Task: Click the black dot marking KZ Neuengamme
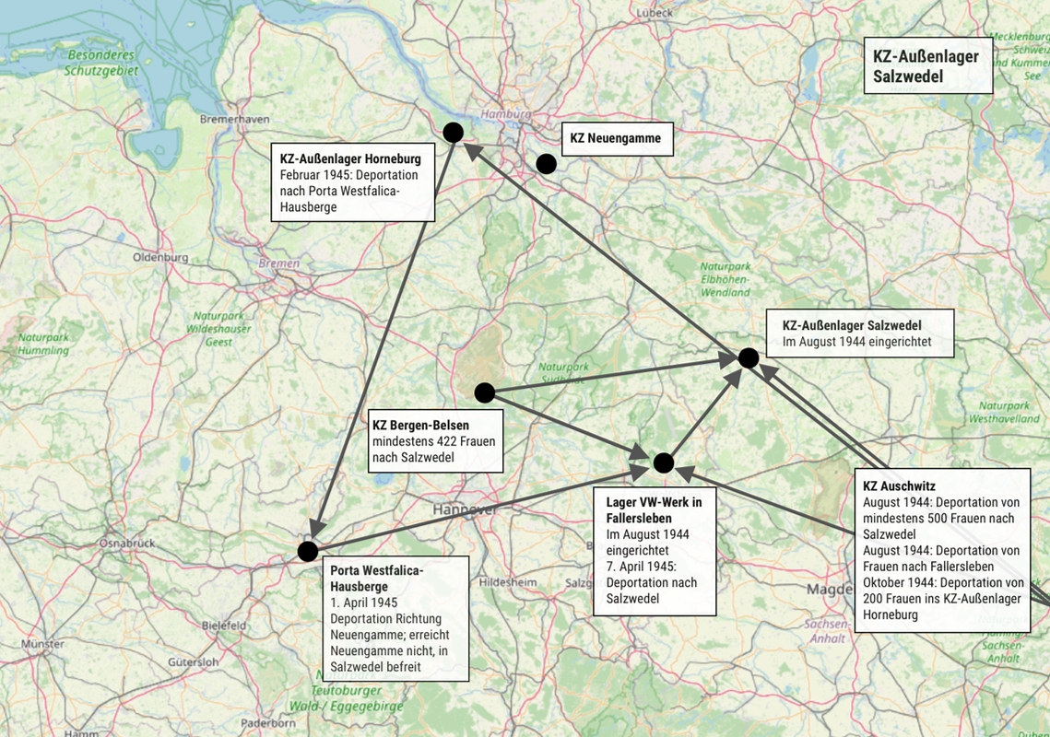coord(546,164)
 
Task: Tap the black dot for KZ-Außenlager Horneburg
coord(453,133)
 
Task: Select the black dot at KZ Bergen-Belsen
coord(484,393)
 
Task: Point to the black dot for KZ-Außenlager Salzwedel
coord(749,357)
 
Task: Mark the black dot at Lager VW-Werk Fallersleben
coord(664,462)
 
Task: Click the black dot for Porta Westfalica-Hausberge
coord(308,551)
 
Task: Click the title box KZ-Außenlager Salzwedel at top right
coord(927,66)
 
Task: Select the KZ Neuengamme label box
coord(617,139)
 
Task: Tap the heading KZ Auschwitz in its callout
coord(899,485)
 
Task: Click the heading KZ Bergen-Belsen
coord(420,426)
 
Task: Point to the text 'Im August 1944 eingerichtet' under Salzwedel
coord(856,342)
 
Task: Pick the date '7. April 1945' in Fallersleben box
coord(641,566)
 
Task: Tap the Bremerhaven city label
coord(234,120)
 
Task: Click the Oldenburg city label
coord(160,257)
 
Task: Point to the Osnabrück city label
coord(127,544)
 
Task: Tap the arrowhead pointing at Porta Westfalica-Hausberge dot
coord(317,528)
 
